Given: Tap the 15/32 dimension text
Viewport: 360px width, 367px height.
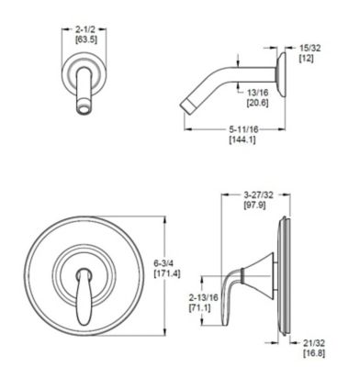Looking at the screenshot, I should (309, 46).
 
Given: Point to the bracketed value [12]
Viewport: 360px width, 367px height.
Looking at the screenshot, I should (309, 57).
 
